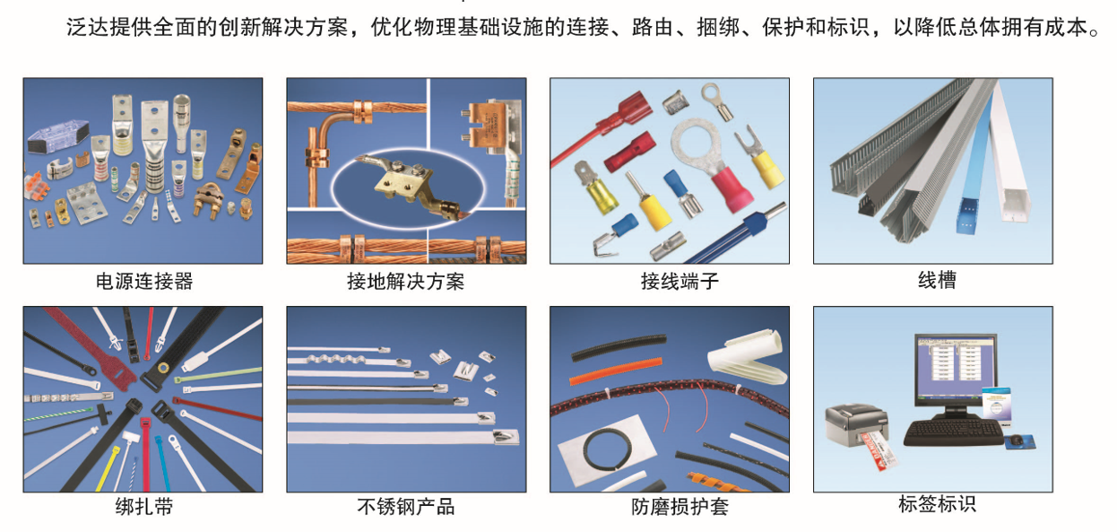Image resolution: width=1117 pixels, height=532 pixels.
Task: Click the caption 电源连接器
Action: [x=144, y=282]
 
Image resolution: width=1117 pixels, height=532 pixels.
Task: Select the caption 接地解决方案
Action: [x=405, y=282]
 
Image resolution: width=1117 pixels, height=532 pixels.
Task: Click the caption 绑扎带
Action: [x=144, y=507]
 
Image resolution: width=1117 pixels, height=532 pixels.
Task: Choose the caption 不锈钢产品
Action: [x=405, y=507]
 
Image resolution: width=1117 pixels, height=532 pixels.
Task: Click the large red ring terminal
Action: [x=710, y=161]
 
